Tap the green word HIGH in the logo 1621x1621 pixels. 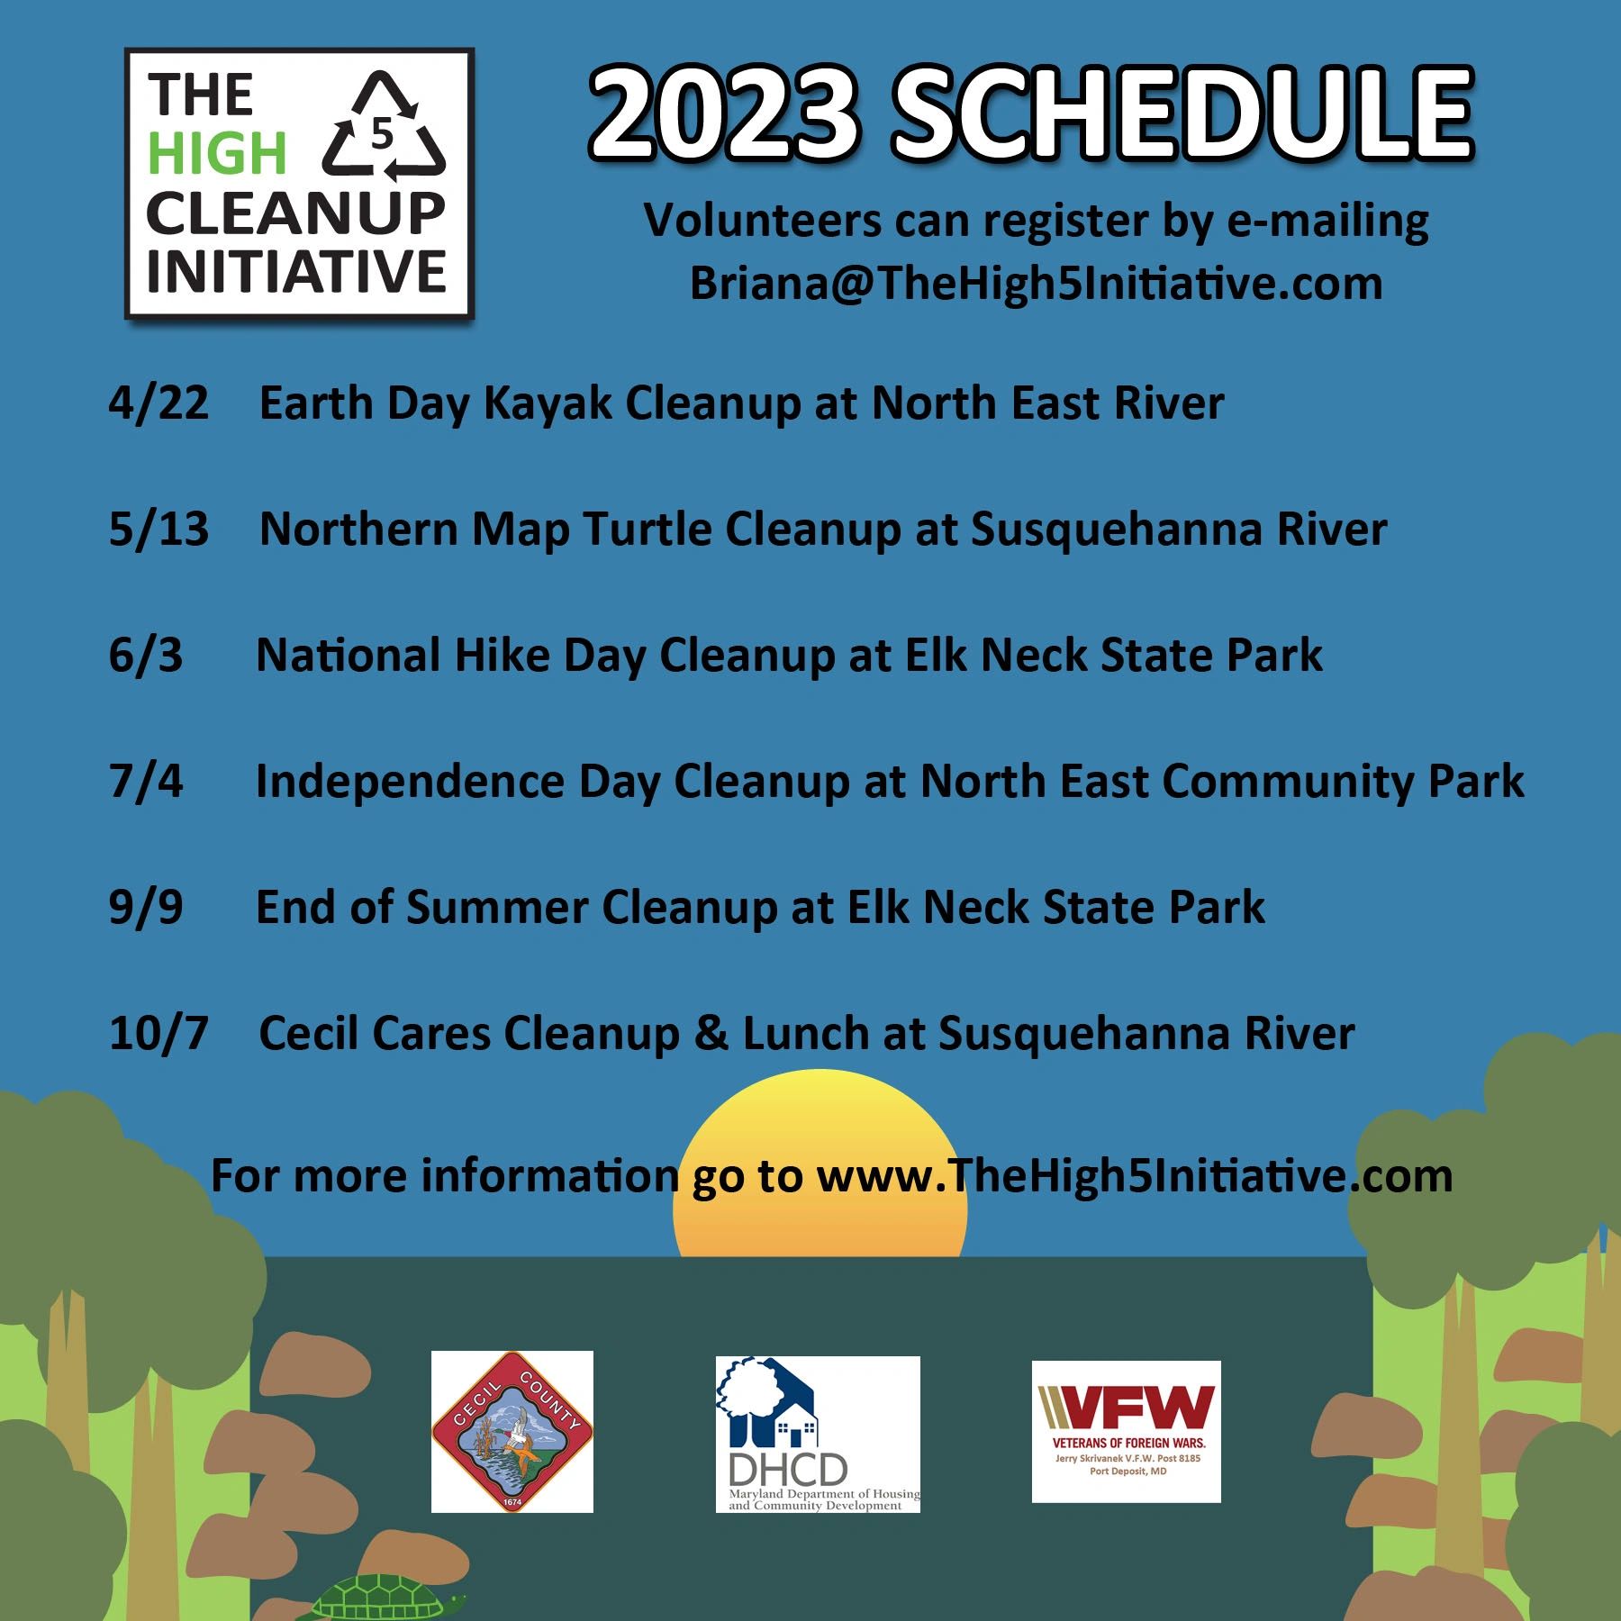[216, 153]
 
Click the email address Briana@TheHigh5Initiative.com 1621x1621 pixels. [1036, 284]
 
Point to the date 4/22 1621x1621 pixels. [158, 403]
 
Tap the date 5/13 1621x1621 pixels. [158, 530]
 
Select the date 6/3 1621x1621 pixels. [145, 656]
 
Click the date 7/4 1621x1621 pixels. [145, 782]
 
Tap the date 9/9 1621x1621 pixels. [145, 908]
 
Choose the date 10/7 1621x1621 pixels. [158, 1034]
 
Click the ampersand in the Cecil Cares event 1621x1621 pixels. [711, 1034]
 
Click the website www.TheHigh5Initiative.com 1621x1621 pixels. [1135, 1176]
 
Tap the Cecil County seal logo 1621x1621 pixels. [512, 1432]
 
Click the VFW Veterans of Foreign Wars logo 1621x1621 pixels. [1126, 1432]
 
